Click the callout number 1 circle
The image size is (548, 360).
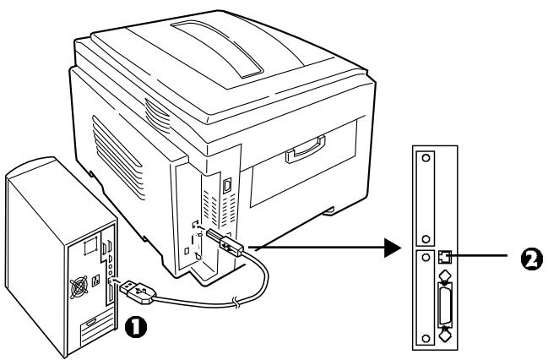pyautogui.click(x=136, y=327)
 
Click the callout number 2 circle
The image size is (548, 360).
pyautogui.click(x=532, y=259)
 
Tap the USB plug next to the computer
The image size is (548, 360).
pyautogui.click(x=138, y=292)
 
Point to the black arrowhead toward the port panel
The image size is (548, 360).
pyautogui.click(x=392, y=248)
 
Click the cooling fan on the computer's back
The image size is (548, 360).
pyautogui.click(x=79, y=287)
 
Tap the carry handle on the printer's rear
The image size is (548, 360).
pyautogui.click(x=305, y=150)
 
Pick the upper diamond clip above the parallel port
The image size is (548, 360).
pyautogui.click(x=444, y=275)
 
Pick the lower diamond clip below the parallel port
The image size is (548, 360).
pyautogui.click(x=444, y=335)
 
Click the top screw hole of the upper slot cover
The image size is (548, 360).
pyautogui.click(x=426, y=157)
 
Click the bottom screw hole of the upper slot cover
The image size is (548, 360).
pyautogui.click(x=426, y=239)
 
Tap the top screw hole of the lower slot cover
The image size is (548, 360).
pyautogui.click(x=426, y=258)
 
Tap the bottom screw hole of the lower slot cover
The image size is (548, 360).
pyautogui.click(x=426, y=339)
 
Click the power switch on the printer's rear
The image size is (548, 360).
pyautogui.click(x=227, y=185)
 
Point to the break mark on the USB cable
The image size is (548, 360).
pyautogui.click(x=237, y=302)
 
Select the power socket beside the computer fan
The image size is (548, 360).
pyautogui.click(x=95, y=281)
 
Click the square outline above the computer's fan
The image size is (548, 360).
pyautogui.click(x=90, y=246)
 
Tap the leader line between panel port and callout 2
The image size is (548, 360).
pyautogui.click(x=479, y=256)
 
